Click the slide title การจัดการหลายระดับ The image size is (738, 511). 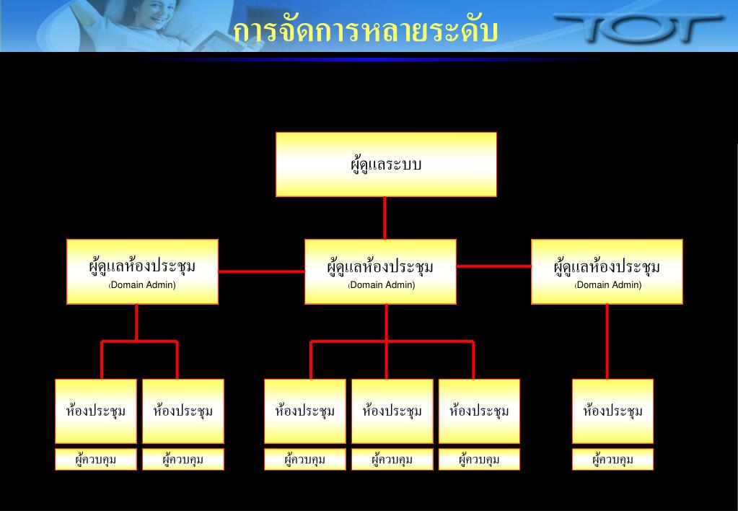(366, 31)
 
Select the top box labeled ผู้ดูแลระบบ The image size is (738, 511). (386, 164)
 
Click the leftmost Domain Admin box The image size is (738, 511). (142, 271)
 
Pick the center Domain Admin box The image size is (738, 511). (380, 271)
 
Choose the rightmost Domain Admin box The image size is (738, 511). (607, 271)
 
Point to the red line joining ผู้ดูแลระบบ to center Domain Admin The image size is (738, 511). (385, 217)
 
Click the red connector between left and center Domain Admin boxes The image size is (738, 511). (261, 271)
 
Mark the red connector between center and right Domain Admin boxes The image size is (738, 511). (493, 266)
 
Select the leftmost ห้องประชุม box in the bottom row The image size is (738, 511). (96, 411)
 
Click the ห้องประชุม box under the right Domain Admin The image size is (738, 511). (612, 411)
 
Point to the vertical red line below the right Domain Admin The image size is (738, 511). (607, 341)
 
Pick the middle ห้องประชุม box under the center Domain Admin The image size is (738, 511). (392, 411)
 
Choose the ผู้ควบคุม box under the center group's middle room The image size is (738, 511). (392, 459)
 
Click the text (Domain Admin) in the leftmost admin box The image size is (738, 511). (142, 285)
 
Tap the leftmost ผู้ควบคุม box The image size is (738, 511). (96, 459)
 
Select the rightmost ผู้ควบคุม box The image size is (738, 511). (612, 459)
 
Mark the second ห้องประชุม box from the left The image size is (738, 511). (183, 411)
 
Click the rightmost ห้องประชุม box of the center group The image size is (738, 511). (479, 411)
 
